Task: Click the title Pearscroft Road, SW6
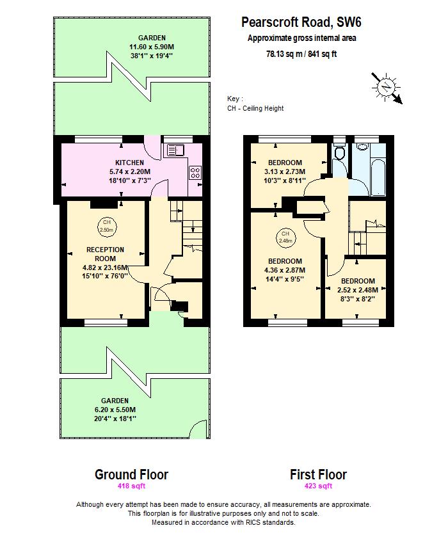click(301, 22)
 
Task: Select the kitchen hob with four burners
click(195, 172)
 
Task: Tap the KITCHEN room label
click(129, 163)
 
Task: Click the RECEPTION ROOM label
click(106, 254)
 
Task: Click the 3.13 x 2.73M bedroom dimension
click(285, 172)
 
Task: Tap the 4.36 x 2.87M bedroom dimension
click(285, 270)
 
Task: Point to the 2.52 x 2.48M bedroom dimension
click(358, 290)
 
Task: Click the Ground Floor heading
click(131, 474)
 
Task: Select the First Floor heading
click(318, 474)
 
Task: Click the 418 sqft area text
click(131, 486)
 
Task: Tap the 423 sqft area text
click(318, 486)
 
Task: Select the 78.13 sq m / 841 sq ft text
click(301, 54)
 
